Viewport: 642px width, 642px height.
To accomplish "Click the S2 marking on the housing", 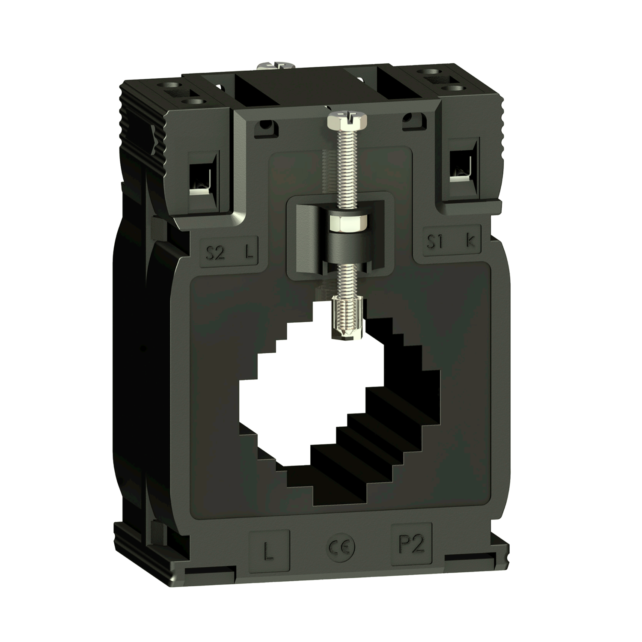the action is (215, 253).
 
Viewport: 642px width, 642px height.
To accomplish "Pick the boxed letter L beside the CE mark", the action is (269, 552).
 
